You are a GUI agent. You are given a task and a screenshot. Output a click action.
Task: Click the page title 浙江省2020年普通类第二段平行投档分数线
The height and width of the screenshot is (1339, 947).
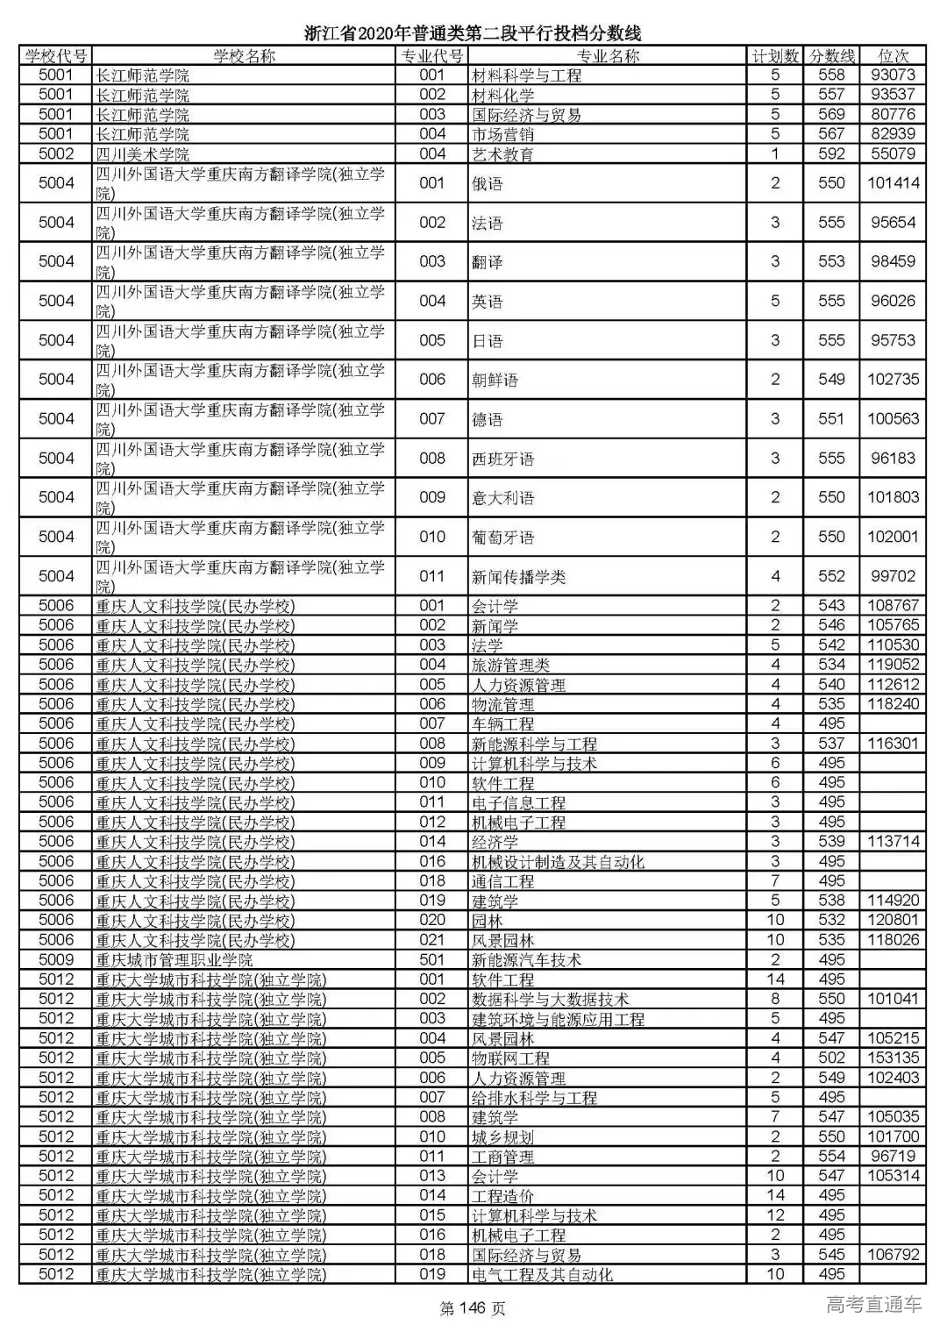click(x=473, y=33)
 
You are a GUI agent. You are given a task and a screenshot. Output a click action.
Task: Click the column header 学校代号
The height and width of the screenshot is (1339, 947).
click(x=56, y=56)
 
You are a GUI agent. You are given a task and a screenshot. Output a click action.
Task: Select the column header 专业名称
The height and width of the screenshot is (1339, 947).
click(x=607, y=56)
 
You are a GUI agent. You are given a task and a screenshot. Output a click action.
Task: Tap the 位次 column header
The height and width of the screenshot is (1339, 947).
click(x=893, y=56)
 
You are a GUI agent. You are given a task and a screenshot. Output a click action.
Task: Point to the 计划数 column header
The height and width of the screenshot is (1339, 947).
click(x=775, y=56)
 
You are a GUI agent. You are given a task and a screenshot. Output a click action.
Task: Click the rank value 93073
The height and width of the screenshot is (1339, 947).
click(x=893, y=75)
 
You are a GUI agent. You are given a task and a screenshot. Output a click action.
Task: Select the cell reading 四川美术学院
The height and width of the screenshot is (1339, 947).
click(x=142, y=154)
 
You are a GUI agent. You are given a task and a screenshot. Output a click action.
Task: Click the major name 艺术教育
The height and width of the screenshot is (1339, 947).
click(x=502, y=154)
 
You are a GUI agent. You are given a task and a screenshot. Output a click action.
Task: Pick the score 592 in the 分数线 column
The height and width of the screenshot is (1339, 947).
click(x=831, y=154)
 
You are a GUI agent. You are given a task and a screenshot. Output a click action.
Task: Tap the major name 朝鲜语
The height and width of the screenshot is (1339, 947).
click(x=495, y=380)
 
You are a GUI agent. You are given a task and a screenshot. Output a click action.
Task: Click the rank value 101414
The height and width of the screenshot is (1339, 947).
click(x=893, y=183)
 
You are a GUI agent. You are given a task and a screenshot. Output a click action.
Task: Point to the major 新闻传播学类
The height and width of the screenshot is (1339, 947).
click(x=518, y=576)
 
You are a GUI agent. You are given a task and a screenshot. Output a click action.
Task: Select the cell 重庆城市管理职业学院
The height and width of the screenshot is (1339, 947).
click(x=174, y=960)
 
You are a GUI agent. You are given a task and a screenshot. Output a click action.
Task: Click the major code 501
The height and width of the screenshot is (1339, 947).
click(x=432, y=960)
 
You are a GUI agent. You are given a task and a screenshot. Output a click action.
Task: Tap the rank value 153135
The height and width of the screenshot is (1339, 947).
click(x=893, y=1058)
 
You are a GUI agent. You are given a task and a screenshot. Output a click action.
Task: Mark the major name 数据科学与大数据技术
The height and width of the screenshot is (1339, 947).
click(x=550, y=999)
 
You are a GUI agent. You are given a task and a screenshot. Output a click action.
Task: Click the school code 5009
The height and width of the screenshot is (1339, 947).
click(x=56, y=960)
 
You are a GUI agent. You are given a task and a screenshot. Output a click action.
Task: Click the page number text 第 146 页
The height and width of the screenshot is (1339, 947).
click(x=473, y=1309)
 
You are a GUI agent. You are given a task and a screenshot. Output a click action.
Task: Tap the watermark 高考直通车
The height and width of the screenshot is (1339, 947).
click(x=873, y=1305)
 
